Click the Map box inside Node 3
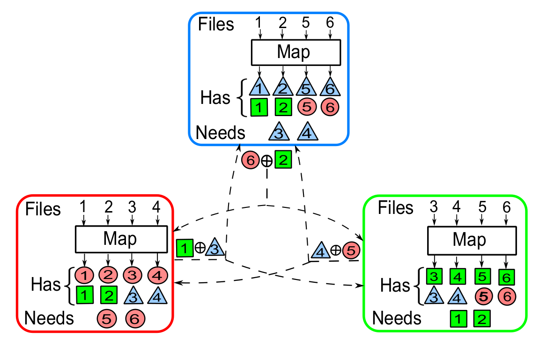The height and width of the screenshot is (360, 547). [295, 52]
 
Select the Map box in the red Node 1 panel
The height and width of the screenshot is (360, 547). [121, 239]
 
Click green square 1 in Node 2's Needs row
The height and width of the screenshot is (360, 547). [459, 319]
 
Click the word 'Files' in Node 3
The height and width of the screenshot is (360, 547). [216, 24]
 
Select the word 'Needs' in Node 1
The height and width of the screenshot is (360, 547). [49, 318]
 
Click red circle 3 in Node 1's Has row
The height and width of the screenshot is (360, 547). [132, 274]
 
